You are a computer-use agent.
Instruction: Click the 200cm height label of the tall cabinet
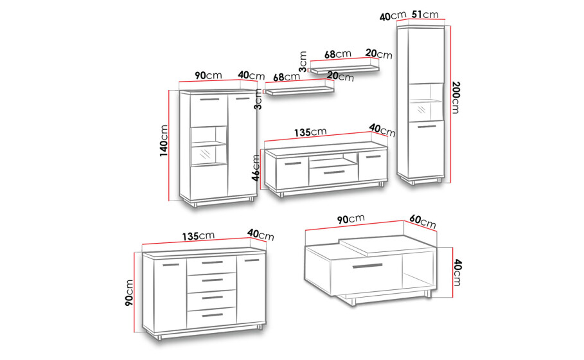point(455,97)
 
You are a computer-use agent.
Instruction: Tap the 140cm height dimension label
point(164,141)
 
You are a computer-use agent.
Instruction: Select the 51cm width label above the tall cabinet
point(425,15)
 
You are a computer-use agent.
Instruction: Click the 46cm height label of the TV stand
point(256,168)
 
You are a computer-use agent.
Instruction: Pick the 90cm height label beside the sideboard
point(129,292)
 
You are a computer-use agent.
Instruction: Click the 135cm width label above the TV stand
point(310,132)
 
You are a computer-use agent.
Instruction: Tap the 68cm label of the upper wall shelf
point(337,55)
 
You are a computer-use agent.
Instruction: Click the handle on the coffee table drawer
point(367,266)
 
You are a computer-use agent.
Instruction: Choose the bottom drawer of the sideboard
point(211,316)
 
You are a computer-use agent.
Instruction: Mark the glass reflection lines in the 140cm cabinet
point(205,153)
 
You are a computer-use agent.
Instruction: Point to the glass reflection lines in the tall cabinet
point(421,109)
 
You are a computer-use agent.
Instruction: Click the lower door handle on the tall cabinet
point(427,127)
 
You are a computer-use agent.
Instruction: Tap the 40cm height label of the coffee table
point(457,273)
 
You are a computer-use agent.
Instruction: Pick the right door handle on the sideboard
point(251,260)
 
